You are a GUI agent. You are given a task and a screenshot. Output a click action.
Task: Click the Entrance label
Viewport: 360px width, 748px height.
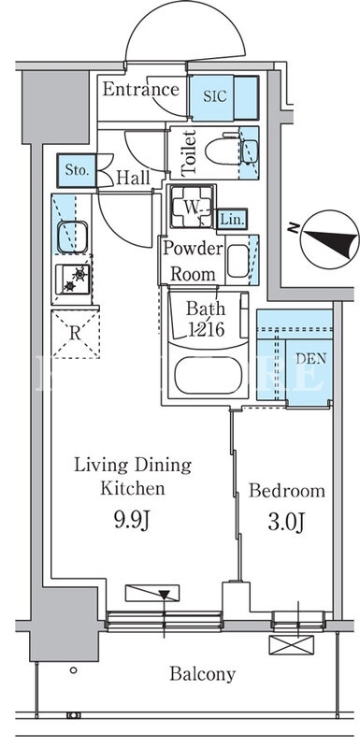140,89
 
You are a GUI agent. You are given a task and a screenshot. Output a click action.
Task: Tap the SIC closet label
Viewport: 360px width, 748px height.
212,96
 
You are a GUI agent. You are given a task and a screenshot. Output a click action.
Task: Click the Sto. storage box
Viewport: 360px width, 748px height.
77,170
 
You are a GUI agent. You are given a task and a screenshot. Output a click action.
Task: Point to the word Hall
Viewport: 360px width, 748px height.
133,178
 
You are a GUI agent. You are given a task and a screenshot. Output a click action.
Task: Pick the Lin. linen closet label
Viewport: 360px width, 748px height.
232,221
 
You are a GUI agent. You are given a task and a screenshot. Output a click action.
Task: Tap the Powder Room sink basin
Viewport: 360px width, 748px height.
238,261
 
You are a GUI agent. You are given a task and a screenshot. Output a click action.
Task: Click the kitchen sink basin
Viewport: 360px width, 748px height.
73,237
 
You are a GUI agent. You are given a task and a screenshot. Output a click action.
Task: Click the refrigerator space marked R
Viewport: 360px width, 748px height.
75,334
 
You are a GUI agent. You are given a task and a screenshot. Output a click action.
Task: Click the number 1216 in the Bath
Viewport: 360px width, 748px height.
207,329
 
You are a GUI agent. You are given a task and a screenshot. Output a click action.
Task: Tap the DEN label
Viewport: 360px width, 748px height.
310,359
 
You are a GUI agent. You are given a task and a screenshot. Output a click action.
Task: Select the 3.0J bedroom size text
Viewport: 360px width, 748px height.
286,522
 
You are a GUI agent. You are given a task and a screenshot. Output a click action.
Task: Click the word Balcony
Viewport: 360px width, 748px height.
203,674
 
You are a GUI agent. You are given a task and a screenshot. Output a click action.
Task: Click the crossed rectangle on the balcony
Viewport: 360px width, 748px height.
292,644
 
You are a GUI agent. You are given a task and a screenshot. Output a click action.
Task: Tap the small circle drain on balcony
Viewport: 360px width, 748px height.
73,669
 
